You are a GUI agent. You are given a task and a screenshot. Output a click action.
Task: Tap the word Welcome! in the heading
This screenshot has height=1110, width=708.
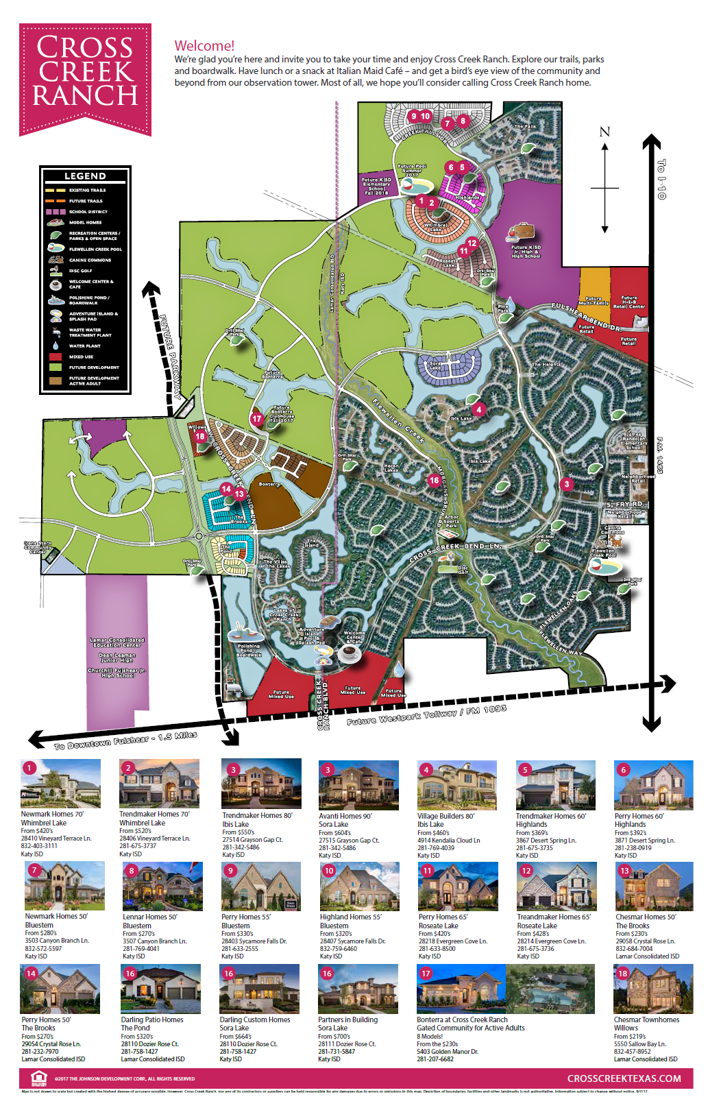point(204,46)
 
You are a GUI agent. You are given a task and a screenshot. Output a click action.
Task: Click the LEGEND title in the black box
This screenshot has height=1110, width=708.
point(85,176)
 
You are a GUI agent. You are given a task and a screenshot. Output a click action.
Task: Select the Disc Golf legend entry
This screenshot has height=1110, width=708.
point(80,271)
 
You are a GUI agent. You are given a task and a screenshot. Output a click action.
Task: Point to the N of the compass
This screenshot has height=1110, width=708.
point(605,132)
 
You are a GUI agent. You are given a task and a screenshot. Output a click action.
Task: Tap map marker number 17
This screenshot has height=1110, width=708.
point(257,418)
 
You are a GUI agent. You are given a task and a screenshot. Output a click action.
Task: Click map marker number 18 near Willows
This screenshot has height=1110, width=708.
point(200,436)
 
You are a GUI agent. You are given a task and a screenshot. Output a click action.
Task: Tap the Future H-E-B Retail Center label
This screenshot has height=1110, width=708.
point(628,302)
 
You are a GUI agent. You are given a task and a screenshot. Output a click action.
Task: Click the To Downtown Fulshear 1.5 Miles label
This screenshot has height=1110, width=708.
point(126,740)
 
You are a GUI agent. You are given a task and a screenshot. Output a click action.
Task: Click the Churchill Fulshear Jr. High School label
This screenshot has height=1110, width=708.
point(117,673)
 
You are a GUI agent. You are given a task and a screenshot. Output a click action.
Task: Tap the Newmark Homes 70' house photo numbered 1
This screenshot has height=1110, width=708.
point(61,784)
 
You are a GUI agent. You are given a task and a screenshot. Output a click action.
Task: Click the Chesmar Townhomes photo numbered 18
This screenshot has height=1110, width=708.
point(653,988)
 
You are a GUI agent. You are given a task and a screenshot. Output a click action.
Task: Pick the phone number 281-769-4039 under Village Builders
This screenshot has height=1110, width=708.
point(435,847)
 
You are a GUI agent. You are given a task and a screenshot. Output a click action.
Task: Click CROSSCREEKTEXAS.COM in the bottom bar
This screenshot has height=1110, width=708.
point(624,1078)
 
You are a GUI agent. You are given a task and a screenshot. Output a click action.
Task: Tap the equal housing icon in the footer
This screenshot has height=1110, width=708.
point(39,1078)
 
